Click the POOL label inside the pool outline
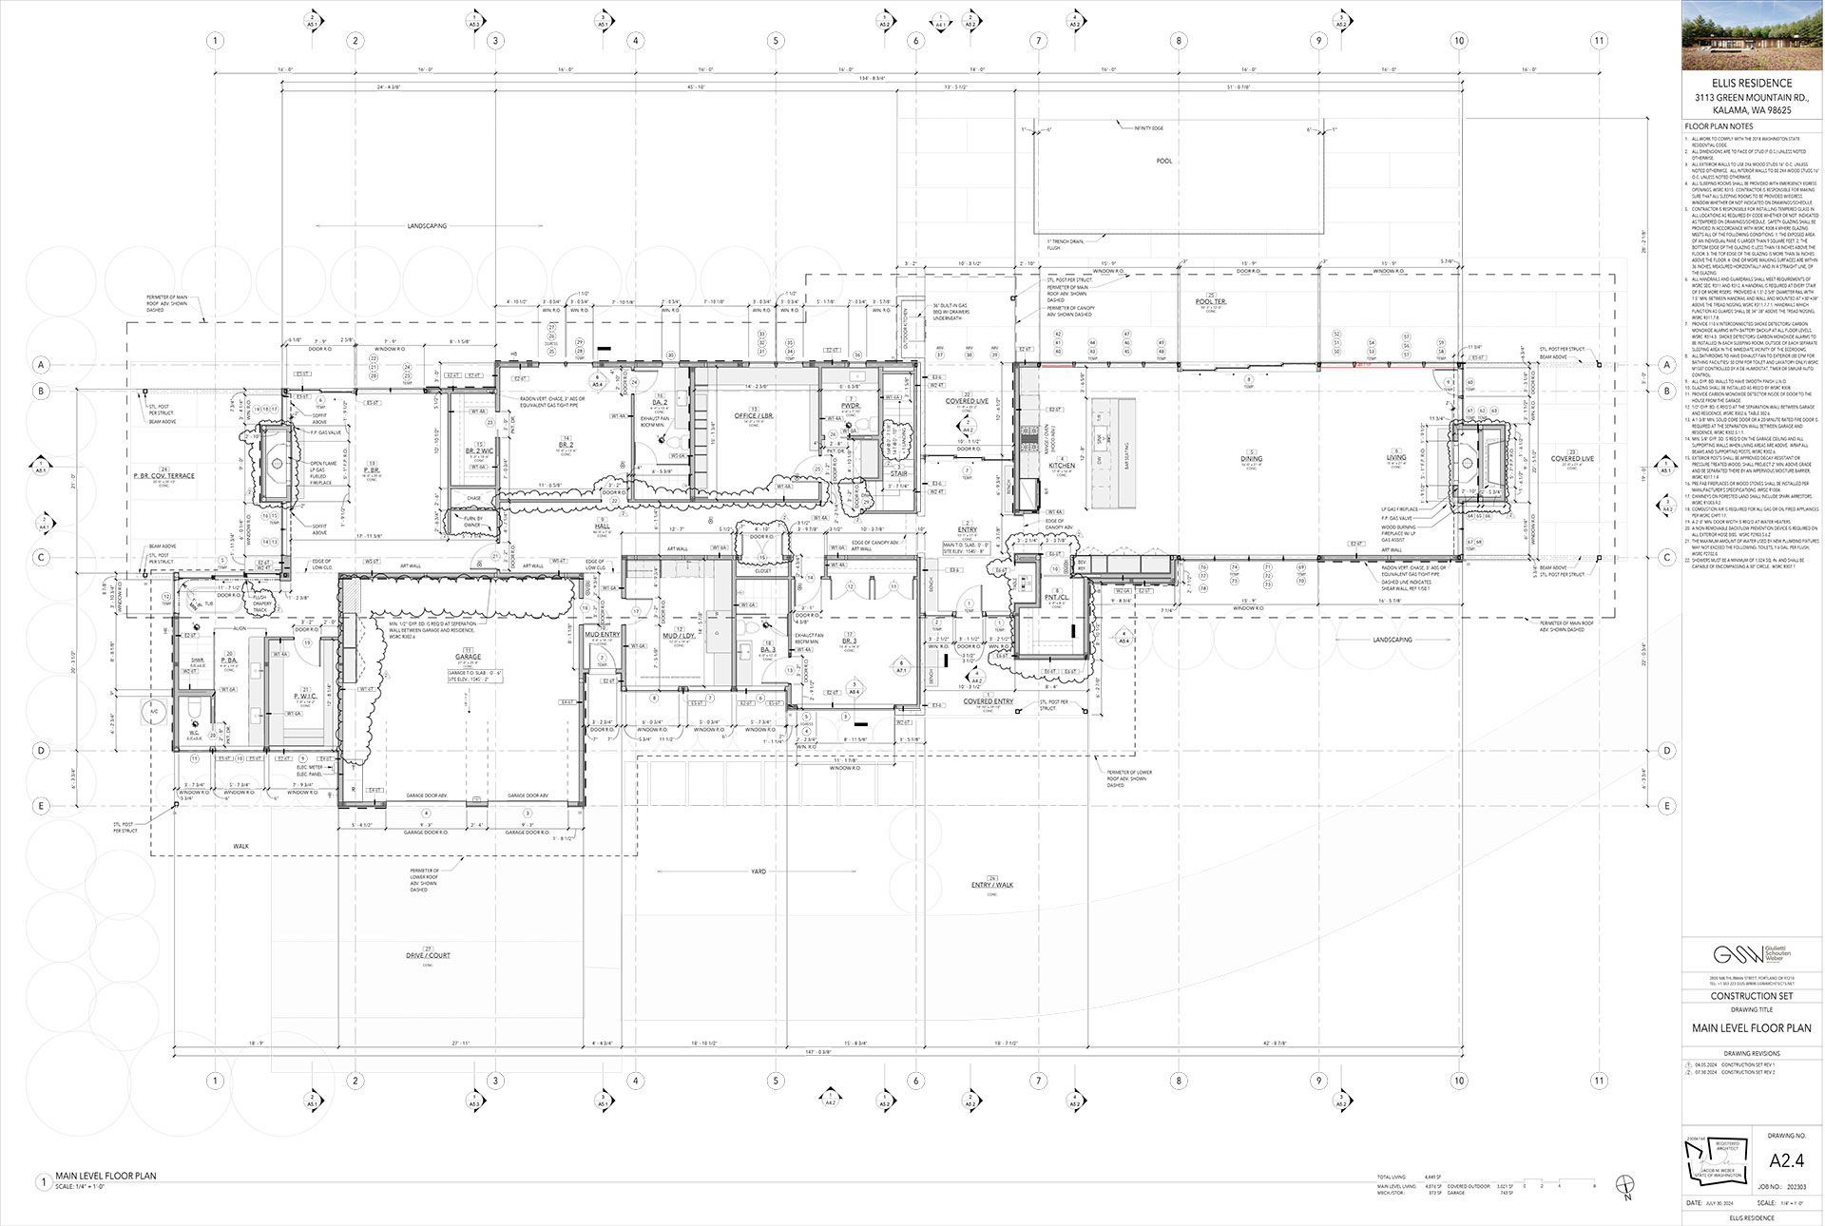(1164, 162)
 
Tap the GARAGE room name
(468, 658)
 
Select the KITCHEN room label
(1061, 466)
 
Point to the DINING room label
(1251, 459)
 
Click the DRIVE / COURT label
(428, 955)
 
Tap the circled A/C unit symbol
(152, 710)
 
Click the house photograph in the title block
(1752, 35)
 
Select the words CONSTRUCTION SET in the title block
(1752, 996)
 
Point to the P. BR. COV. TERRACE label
(163, 473)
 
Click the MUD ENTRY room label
(602, 634)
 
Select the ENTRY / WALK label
(992, 885)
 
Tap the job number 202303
(1797, 1187)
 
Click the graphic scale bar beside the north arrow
(1560, 1185)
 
